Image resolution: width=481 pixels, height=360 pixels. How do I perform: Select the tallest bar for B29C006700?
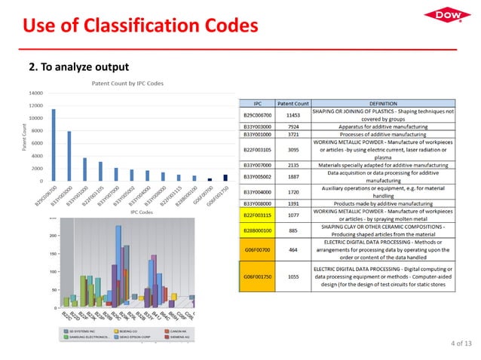pyautogui.click(x=54, y=145)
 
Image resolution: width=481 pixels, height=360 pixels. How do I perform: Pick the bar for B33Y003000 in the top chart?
pyautogui.click(x=69, y=156)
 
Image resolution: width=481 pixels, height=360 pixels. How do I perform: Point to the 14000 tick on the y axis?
pyautogui.click(x=35, y=93)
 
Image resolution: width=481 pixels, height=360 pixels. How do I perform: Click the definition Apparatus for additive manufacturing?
pyautogui.click(x=382, y=127)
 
